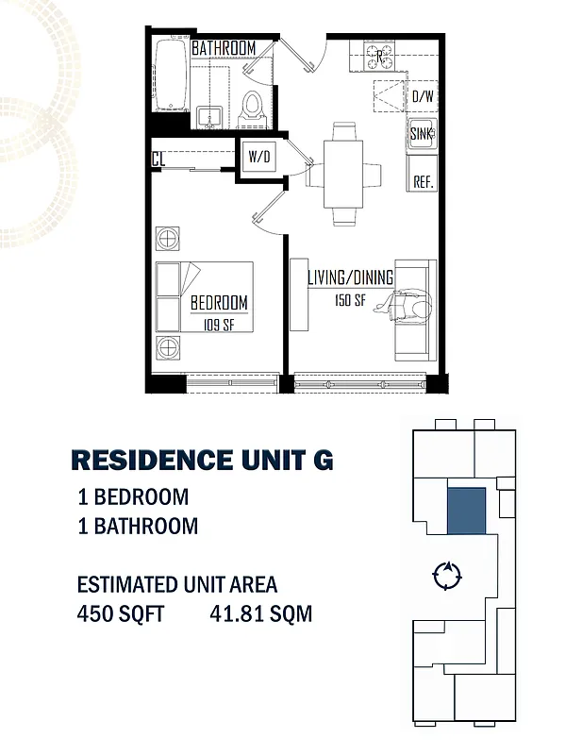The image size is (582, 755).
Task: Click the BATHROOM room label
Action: [224, 48]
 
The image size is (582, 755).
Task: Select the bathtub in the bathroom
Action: [170, 75]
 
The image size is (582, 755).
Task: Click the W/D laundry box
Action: [258, 157]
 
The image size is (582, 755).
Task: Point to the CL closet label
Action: [158, 159]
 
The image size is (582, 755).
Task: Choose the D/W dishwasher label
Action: [422, 95]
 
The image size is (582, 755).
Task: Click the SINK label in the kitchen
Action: [422, 134]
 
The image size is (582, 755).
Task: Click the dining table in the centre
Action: [343, 174]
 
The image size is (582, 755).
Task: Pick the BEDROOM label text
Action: [219, 303]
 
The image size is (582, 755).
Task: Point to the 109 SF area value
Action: [219, 325]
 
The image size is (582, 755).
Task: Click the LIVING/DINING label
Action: [349, 277]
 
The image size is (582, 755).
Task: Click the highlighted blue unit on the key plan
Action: [466, 512]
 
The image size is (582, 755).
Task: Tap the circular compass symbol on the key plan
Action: [445, 574]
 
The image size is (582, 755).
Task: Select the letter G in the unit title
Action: [321, 461]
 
